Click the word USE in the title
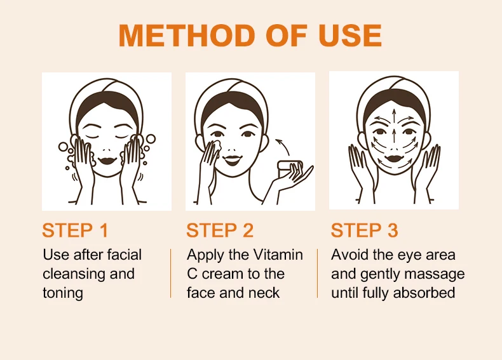click(x=350, y=35)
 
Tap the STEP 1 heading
click(x=75, y=230)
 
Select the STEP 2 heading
click(x=220, y=230)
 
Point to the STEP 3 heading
click(x=365, y=230)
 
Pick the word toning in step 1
click(x=63, y=293)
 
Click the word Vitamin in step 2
click(x=278, y=255)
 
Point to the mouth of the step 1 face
click(x=106, y=160)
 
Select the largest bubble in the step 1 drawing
click(x=151, y=139)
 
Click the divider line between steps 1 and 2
click(x=171, y=273)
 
